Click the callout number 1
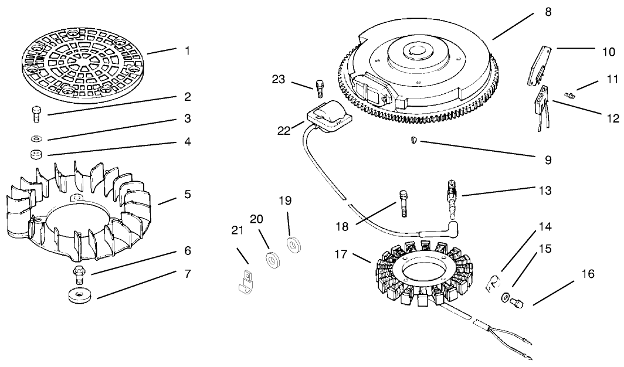coord(187,51)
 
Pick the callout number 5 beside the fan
coord(187,193)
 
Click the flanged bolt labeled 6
coord(77,273)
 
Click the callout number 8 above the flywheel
coord(548,11)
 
